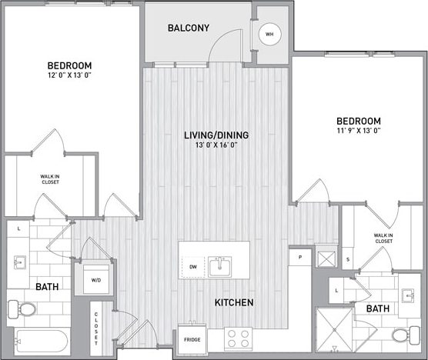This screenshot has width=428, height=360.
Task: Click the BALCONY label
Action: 188,28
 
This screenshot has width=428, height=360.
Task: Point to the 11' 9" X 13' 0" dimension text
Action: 358,131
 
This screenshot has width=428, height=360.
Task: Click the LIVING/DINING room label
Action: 216,135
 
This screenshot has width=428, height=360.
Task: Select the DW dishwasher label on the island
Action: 192,267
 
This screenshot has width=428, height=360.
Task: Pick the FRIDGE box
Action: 192,338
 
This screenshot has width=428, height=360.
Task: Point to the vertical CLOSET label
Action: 97,329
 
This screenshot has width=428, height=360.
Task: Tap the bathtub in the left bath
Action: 38,342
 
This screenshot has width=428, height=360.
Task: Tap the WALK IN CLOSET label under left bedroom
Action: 52,178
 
